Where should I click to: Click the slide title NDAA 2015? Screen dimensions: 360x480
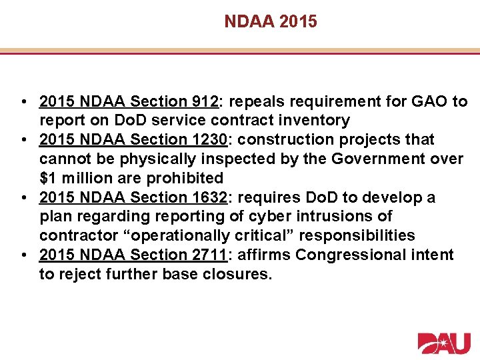[271, 22]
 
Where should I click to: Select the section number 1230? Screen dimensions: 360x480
[209, 140]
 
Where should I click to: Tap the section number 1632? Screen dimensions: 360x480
[209, 197]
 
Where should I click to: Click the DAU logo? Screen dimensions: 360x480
[443, 343]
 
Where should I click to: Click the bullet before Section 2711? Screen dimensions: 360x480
[23, 255]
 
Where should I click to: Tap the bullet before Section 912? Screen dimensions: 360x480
[23, 102]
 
